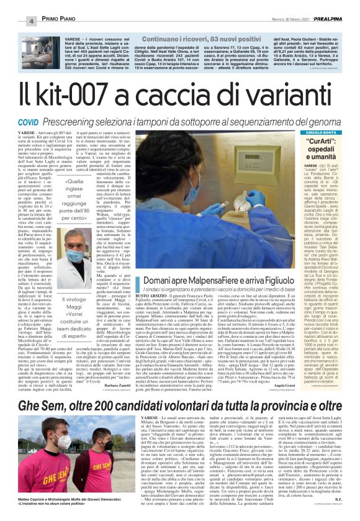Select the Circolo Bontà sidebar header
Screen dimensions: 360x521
pyautogui.click(x=321, y=132)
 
